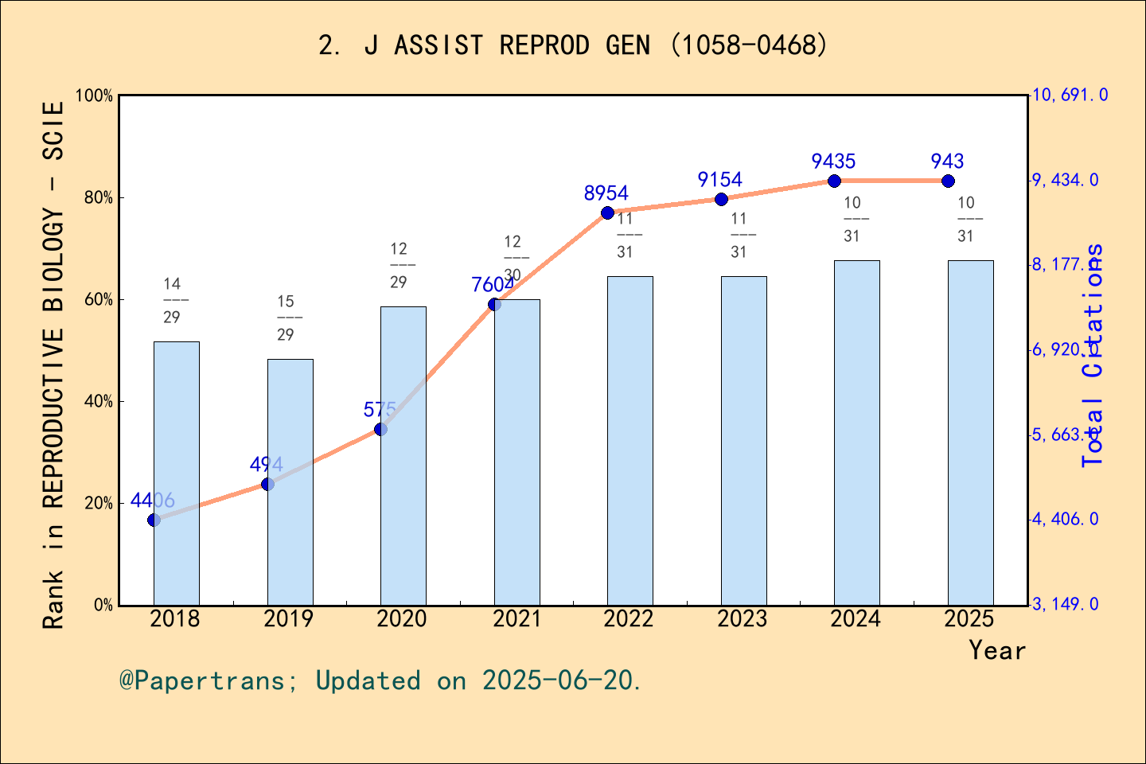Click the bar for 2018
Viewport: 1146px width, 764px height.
click(176, 473)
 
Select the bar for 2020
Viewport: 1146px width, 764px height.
click(403, 455)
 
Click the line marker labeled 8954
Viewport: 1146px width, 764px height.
click(607, 212)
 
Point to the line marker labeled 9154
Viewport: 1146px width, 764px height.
click(721, 199)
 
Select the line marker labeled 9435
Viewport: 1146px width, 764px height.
click(834, 181)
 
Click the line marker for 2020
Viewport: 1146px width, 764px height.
click(380, 429)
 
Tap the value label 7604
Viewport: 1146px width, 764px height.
click(492, 285)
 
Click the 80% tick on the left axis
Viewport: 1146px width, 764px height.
click(99, 197)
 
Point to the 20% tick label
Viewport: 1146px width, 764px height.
click(99, 503)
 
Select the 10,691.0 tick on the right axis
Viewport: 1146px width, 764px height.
click(1070, 95)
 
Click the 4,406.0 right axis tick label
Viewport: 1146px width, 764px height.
click(1065, 519)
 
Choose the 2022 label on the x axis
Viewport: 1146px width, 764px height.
click(629, 618)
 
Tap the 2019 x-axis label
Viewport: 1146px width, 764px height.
click(289, 618)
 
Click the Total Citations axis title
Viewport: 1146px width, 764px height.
click(1093, 355)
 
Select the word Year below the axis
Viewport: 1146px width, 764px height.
click(996, 650)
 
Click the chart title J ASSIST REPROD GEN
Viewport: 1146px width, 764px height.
click(573, 45)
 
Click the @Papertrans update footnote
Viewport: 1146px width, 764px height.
click(380, 680)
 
